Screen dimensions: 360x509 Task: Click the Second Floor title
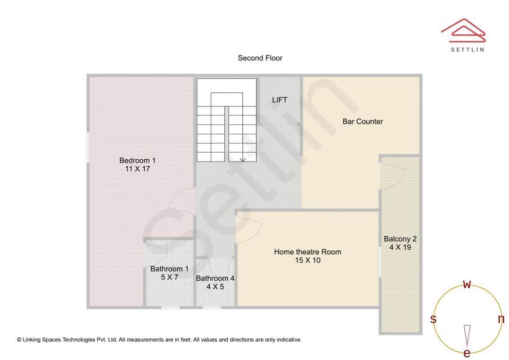[260, 58]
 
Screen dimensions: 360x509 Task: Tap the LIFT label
[279, 100]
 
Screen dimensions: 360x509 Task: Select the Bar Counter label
[362, 122]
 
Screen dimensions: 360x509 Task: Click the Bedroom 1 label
[137, 161]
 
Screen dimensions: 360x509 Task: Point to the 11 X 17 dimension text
[137, 169]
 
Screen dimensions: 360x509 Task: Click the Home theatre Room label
[307, 252]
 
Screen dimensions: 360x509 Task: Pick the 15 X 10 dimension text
[307, 260]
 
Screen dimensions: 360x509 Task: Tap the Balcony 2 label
[400, 239]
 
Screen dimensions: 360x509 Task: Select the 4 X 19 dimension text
[400, 247]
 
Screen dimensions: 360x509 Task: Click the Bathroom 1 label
[169, 269]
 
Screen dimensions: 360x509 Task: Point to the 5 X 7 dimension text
[169, 277]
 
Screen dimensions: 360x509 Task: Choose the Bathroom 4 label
[215, 278]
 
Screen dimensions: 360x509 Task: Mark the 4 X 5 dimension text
[215, 286]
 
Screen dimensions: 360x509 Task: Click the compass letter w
[467, 284]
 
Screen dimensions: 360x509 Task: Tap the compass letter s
[433, 319]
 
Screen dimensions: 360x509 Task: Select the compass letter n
[501, 319]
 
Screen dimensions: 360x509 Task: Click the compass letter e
[467, 353]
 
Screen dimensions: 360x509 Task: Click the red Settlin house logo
[463, 30]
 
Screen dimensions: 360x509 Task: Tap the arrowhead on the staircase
[242, 159]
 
